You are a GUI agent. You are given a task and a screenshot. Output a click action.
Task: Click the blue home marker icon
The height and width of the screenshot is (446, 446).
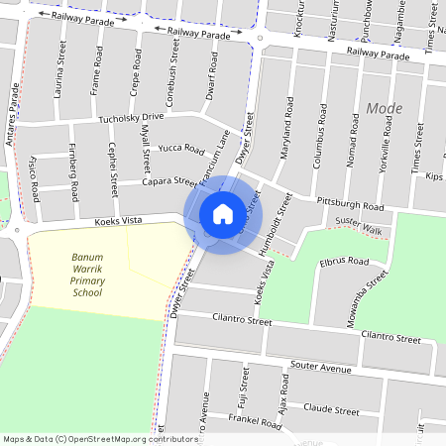(223, 213)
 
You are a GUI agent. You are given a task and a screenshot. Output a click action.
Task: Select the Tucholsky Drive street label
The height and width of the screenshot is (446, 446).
(131, 117)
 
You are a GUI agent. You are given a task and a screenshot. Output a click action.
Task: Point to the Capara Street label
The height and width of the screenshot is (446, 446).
(168, 181)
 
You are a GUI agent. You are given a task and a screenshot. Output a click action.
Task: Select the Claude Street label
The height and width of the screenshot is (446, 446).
(331, 408)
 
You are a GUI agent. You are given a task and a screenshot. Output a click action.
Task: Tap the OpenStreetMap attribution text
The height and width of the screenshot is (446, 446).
(99, 439)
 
